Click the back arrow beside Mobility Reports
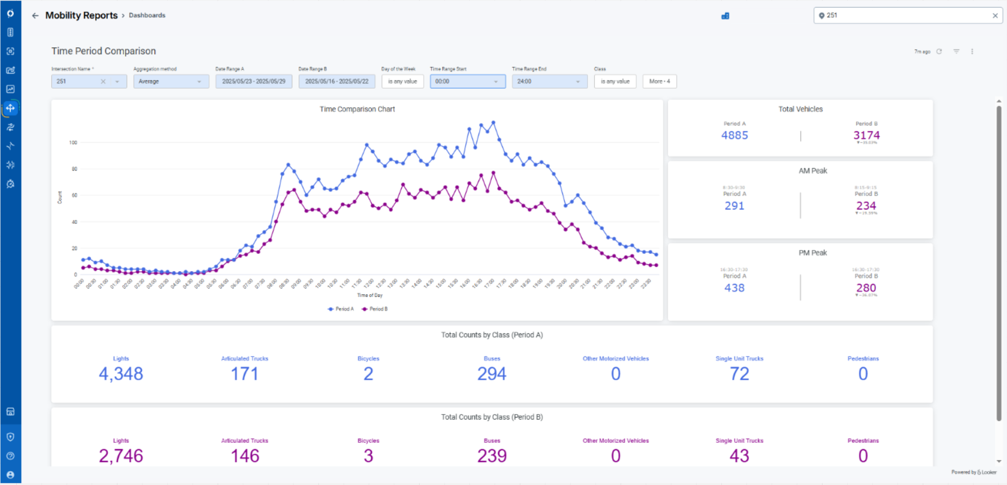coord(35,16)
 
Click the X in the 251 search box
coord(995,16)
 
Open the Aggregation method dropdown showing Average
coord(171,81)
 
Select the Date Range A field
coord(254,81)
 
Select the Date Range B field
coord(337,81)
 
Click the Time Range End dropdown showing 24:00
coord(549,81)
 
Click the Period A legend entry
coord(341,309)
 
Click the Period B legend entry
coord(375,309)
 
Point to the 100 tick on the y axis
coord(73,142)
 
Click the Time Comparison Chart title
coord(357,109)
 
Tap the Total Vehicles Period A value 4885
coord(734,136)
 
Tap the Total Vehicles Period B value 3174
coord(866,136)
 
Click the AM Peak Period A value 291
coord(734,206)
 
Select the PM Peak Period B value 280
coord(866,288)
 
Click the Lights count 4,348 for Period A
coord(120,374)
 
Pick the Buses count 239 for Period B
coord(492,456)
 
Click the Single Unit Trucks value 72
coord(739,374)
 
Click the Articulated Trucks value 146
coord(245,456)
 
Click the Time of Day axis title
coord(369,295)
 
